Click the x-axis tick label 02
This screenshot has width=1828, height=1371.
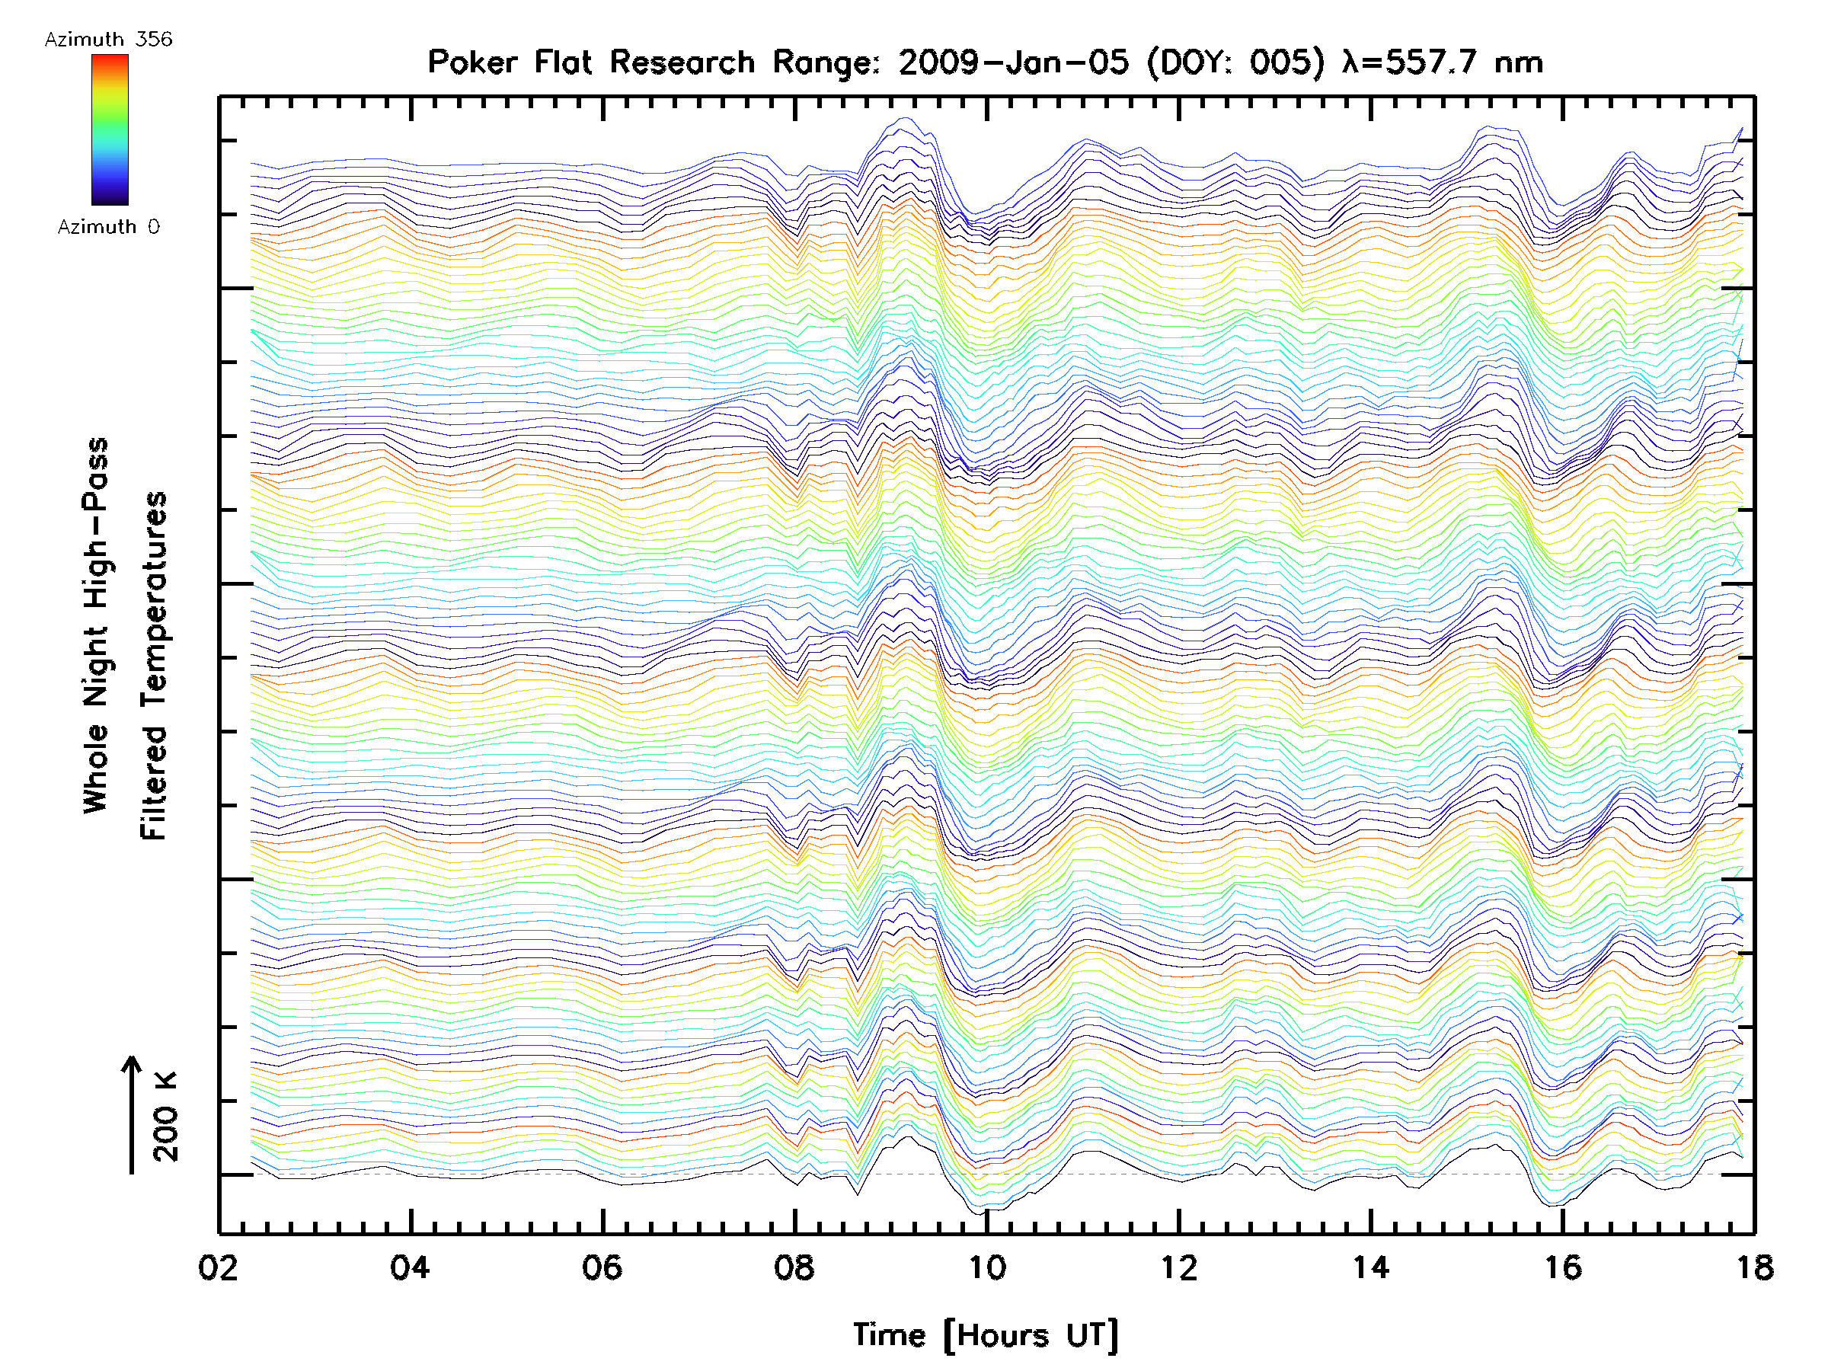coord(218,1267)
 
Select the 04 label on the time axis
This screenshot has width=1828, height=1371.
coord(410,1267)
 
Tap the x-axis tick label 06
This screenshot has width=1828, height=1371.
coord(602,1267)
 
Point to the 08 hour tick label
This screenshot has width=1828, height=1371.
coord(794,1267)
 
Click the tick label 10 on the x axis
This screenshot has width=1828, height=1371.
coord(986,1267)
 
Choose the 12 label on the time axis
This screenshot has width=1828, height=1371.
coord(1178,1267)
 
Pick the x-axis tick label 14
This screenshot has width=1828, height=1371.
coord(1370,1267)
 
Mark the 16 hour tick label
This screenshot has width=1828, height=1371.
coord(1563,1267)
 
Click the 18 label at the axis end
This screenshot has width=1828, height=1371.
coord(1753,1267)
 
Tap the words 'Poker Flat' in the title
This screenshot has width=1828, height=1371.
coord(509,62)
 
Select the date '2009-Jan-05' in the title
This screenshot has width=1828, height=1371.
coord(1013,62)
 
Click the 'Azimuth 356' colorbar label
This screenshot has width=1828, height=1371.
coord(108,40)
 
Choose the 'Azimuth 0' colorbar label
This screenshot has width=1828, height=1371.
coord(108,226)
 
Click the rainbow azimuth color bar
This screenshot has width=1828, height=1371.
coord(110,129)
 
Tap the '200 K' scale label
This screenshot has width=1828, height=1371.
coord(166,1116)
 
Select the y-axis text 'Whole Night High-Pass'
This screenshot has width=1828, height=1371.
coord(96,625)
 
